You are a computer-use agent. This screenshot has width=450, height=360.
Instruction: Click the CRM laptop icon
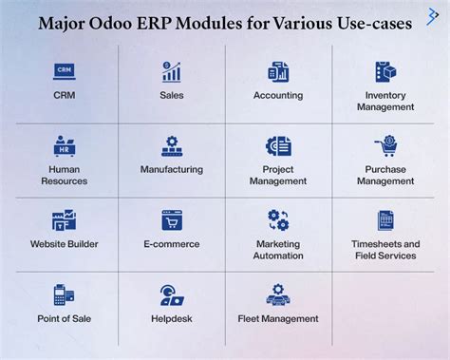(x=65, y=71)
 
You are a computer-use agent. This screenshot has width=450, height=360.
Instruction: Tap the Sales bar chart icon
(x=172, y=72)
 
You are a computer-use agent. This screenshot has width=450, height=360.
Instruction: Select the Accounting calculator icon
(x=278, y=72)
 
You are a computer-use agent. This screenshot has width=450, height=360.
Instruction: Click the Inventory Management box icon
(x=385, y=72)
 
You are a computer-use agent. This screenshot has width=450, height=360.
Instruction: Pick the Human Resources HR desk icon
(x=65, y=146)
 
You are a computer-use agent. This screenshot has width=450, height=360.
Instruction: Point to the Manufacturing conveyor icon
(x=172, y=146)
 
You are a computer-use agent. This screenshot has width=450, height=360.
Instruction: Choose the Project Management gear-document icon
(x=278, y=146)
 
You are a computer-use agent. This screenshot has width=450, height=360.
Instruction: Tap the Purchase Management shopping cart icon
(x=386, y=146)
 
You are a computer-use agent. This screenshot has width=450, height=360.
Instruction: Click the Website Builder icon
(x=64, y=220)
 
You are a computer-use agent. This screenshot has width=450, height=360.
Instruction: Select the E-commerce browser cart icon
(x=172, y=220)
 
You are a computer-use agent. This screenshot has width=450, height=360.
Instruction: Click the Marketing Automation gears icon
(x=278, y=220)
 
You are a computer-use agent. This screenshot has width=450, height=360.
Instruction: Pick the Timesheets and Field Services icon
(x=385, y=220)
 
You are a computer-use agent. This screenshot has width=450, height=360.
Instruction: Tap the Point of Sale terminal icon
(x=64, y=294)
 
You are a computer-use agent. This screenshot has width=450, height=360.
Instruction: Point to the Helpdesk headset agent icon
(x=172, y=295)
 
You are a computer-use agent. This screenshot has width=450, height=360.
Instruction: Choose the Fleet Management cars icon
(x=278, y=294)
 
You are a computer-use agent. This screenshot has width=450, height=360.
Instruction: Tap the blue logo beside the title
(x=432, y=17)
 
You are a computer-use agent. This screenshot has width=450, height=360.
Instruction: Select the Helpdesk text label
(x=172, y=318)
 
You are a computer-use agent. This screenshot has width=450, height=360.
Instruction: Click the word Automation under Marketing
(x=278, y=256)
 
